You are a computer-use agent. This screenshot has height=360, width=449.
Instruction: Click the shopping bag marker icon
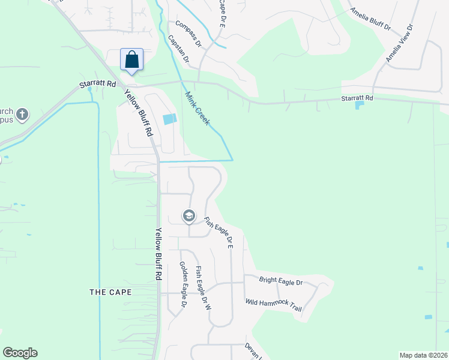point(132,60)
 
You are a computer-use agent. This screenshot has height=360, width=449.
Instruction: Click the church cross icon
point(22,114)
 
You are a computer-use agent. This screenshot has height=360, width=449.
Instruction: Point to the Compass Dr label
point(188,34)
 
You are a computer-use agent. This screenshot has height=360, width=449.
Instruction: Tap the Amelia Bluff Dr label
point(370,20)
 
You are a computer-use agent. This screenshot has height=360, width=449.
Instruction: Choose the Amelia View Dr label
point(400,44)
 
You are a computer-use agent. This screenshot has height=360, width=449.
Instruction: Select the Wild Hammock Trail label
point(273,305)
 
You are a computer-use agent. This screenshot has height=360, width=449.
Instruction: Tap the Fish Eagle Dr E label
point(218,232)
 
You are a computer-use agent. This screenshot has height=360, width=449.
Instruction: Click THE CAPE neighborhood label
point(110,292)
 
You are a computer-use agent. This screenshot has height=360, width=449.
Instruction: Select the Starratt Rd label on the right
point(357,98)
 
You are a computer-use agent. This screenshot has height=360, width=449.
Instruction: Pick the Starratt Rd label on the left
point(97,85)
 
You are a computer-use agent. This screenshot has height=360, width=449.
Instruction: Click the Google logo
point(20,353)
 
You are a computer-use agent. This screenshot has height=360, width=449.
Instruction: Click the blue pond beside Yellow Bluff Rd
point(170,119)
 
